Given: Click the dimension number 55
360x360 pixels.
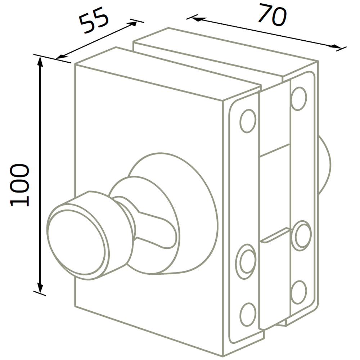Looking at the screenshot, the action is tap(94, 21).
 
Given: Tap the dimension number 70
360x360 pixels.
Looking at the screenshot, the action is tap(273, 14).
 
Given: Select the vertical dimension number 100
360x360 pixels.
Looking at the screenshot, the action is tap(19, 185).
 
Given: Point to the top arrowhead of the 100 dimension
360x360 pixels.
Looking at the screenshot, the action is tap(40, 62).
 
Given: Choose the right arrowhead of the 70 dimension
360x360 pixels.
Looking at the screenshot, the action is tap(336, 46).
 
